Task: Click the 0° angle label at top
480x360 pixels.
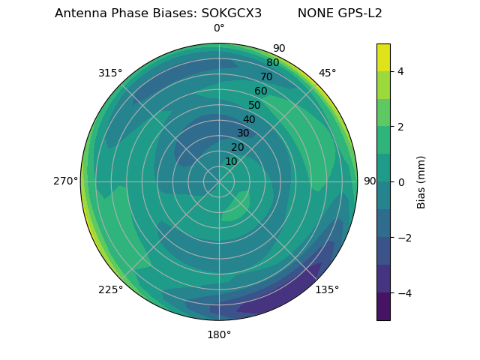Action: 219,28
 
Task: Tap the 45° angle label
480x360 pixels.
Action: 327,73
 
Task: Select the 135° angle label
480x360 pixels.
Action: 327,289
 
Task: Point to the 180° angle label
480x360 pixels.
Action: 219,334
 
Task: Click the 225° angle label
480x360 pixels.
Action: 110,289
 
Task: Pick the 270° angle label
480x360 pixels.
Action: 65,181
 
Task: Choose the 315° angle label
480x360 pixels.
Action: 110,73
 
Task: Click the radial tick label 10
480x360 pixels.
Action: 231,161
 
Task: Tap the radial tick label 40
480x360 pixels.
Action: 249,120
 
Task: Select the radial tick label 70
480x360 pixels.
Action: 266,77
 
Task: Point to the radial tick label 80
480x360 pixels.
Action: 272,63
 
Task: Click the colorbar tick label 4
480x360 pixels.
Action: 401,71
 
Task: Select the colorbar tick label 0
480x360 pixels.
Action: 401,182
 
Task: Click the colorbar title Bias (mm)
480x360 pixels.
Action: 421,182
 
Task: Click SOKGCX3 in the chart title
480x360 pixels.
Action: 232,13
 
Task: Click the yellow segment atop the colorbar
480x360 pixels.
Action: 383,57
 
